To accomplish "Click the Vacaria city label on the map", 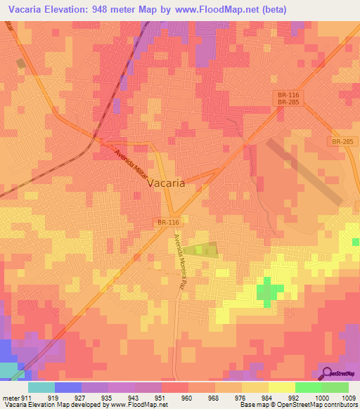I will [167, 182].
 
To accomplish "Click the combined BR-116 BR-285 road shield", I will [285, 97].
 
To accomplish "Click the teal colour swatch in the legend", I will [41, 387].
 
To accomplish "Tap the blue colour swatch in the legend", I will [67, 387].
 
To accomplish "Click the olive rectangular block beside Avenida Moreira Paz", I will [205, 248].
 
